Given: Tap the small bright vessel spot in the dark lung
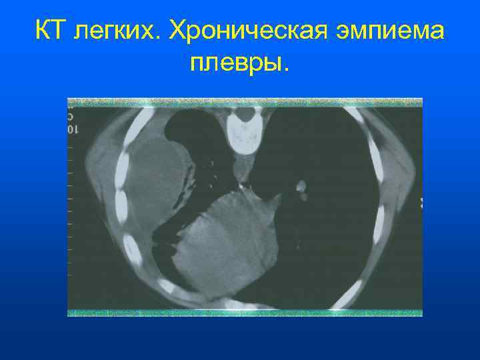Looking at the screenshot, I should [301, 185].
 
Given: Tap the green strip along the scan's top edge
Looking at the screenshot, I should [245, 102].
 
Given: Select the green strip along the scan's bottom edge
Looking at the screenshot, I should [245, 311].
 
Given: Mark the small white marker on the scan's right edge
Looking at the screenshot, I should [420, 201].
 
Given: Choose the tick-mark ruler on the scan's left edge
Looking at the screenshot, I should [71, 200].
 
